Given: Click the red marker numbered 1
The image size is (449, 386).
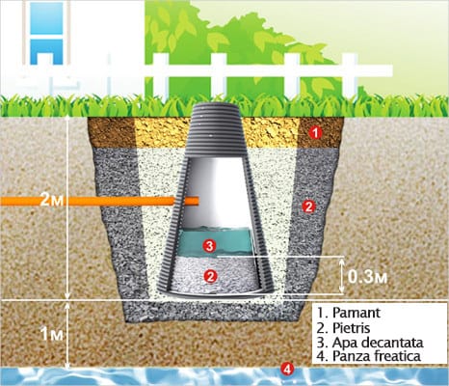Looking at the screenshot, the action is pos(316,132).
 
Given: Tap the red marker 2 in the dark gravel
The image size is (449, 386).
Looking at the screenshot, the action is pos(308,207).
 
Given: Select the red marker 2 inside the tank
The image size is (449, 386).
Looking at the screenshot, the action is pos(210,276).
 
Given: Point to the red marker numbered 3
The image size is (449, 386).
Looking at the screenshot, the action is pos(209,246).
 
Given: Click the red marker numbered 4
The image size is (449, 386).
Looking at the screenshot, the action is pos(287,369).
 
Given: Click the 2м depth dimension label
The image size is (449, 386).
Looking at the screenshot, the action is pos(52,201).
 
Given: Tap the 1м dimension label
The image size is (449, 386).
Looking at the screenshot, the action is pos(51,335).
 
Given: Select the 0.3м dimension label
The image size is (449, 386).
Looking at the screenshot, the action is pos(367,277).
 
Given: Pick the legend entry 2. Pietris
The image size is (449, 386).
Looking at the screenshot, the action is pos(343,328).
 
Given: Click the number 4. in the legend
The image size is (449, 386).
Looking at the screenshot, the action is pos(323,356).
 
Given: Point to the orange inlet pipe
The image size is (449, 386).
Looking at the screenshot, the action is pos(99,201).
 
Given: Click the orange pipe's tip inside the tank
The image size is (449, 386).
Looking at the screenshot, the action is pos(198,201).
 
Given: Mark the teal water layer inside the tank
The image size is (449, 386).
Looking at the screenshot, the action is pos(214,241).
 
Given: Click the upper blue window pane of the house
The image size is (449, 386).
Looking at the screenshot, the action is pos(46,17).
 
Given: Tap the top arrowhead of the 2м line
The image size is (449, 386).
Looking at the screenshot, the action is pos(66,118).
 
